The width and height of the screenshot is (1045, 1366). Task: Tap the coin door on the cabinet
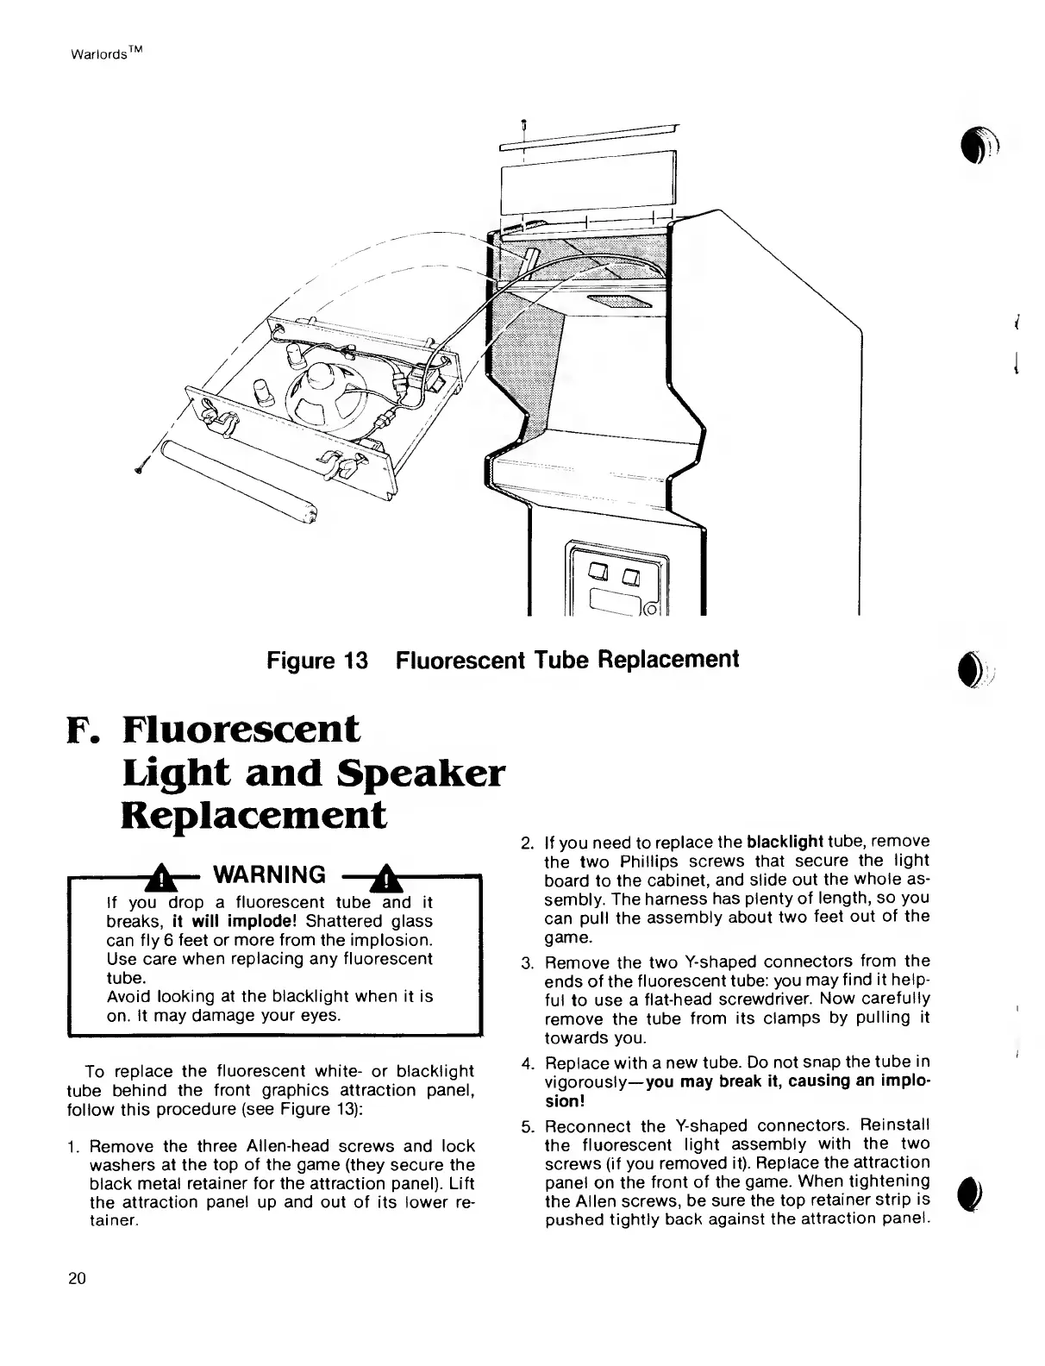pyautogui.click(x=615, y=578)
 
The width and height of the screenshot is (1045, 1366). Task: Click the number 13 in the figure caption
pyautogui.click(x=356, y=661)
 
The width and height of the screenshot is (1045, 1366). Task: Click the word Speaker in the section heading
pyautogui.click(x=432, y=773)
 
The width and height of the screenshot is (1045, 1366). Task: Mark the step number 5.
pyautogui.click(x=528, y=1127)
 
